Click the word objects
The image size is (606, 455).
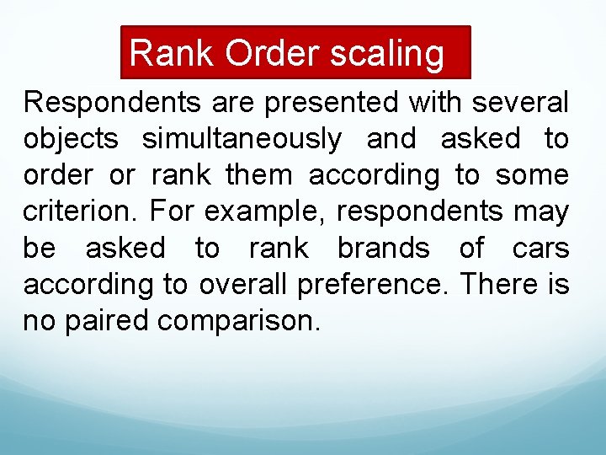(x=73, y=140)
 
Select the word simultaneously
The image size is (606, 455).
(x=242, y=140)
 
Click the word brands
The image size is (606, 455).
(x=383, y=249)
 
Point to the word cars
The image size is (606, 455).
(x=541, y=249)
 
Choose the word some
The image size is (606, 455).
(x=532, y=176)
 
